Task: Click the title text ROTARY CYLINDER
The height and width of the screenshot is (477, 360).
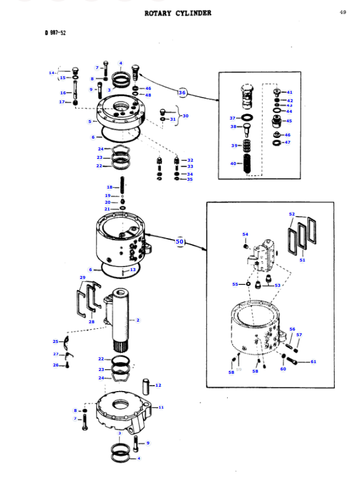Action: [x=178, y=13]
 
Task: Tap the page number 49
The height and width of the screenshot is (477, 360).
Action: [x=343, y=12]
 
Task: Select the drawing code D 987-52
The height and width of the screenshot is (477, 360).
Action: [x=56, y=33]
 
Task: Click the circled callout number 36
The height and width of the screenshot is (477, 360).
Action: [x=182, y=92]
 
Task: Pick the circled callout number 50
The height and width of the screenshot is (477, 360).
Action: [x=179, y=241]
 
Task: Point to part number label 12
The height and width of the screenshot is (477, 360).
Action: [x=158, y=385]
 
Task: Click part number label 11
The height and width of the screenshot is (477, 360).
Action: [x=161, y=407]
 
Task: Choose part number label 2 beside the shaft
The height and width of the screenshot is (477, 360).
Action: [x=138, y=320]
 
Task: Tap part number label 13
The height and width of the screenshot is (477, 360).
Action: [x=133, y=269]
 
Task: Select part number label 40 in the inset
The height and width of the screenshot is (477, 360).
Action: [x=233, y=163]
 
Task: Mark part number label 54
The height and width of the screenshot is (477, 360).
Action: [x=245, y=234]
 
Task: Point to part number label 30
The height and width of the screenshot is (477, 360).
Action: [x=185, y=116]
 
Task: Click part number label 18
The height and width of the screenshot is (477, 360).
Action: [x=110, y=187]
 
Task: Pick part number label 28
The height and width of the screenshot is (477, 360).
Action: [x=91, y=322]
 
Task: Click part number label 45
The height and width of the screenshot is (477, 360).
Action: [x=289, y=121]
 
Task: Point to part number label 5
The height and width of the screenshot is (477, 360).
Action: [x=90, y=121]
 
